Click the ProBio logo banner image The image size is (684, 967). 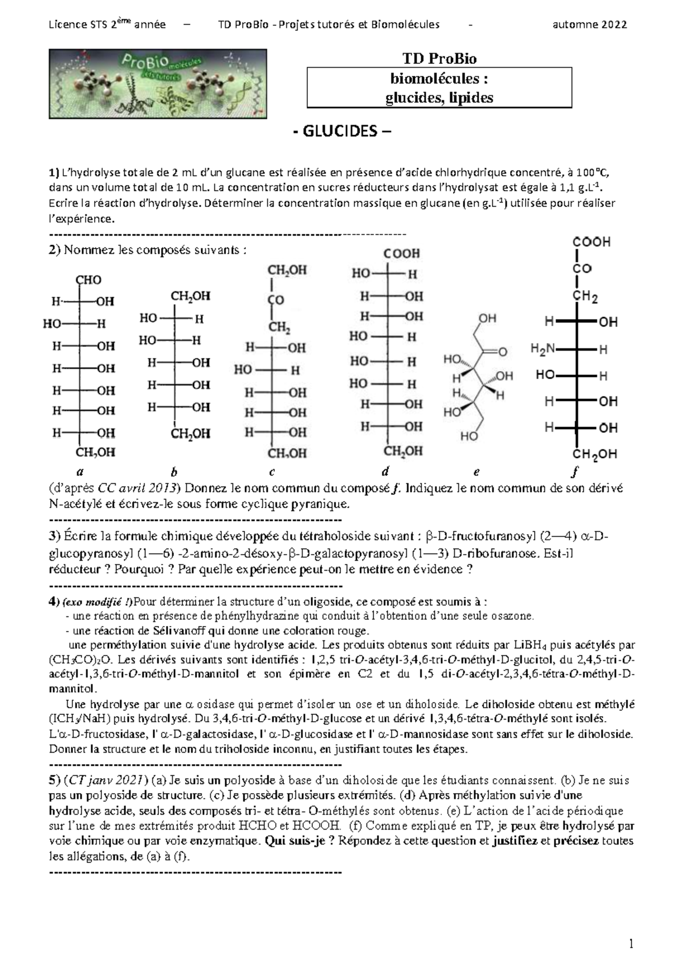[157, 83]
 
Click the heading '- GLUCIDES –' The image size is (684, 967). [342, 132]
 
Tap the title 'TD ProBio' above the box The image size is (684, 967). [439, 59]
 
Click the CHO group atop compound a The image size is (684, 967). [88, 280]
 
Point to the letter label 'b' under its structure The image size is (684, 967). [174, 472]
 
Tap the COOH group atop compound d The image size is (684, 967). [401, 253]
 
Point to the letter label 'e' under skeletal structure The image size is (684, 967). [476, 472]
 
